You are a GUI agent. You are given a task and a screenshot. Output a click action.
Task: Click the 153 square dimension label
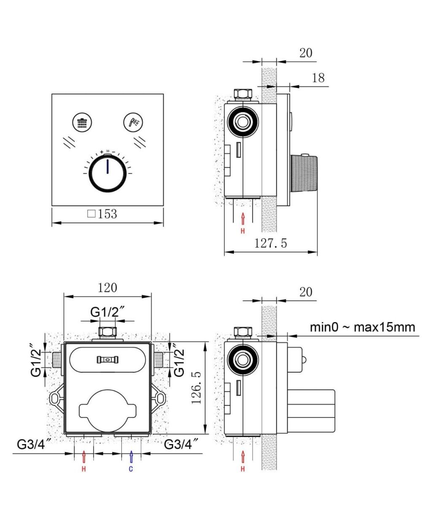click(102, 214)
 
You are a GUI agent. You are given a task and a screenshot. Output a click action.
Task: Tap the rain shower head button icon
click(82, 122)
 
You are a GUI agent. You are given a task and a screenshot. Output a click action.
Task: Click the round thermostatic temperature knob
click(107, 173)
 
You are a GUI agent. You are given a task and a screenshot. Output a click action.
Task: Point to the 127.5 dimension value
click(270, 244)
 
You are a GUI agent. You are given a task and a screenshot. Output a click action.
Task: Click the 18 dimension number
click(318, 78)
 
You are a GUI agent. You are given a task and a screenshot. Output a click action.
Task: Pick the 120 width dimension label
click(107, 288)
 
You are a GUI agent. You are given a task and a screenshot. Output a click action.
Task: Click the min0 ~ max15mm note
click(363, 328)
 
